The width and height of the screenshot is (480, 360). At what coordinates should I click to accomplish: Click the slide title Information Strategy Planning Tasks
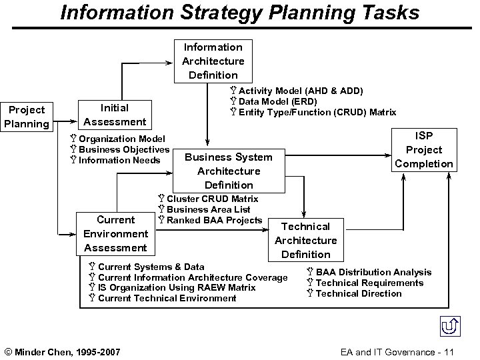point(240,13)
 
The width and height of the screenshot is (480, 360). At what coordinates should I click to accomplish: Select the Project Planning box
point(27,117)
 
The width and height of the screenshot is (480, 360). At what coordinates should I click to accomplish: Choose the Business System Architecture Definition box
point(229,171)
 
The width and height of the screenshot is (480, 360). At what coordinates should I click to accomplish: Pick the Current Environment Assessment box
point(115,233)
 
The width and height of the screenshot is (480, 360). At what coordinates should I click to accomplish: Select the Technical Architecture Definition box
point(305,240)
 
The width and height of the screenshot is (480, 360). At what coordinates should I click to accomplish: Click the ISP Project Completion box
point(424,149)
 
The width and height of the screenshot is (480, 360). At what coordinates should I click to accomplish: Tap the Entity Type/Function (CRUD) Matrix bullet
point(317,112)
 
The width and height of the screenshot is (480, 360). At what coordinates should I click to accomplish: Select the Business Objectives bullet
point(123,149)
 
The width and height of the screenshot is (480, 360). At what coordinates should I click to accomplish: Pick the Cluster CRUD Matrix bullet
point(211,199)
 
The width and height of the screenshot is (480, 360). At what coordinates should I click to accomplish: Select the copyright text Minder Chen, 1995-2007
point(63,351)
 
